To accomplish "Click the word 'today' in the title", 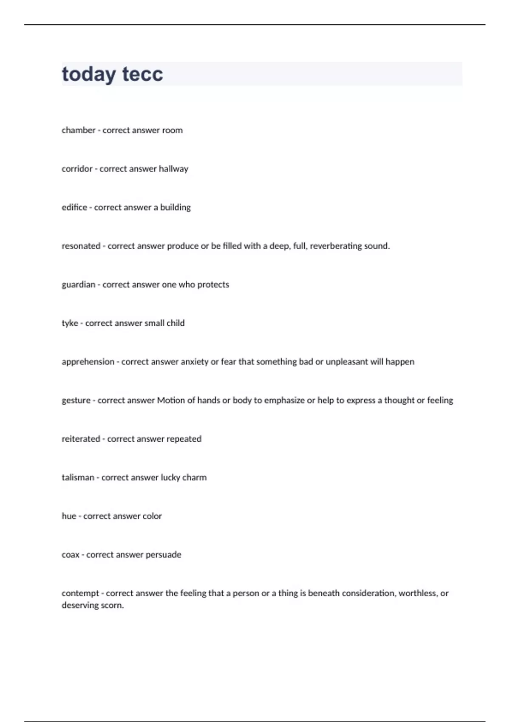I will pos(88,74).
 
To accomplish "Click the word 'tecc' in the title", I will pos(142,74).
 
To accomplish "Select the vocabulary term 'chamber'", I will pos(78,130).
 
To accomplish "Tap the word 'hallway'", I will pos(173,169).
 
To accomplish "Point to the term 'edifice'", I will pos(74,208).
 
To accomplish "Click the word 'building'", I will pos(175,208).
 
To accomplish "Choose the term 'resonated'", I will pos(81,246).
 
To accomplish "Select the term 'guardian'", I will pos(78,285).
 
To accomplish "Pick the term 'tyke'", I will pos(70,323).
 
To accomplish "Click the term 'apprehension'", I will pos(88,362).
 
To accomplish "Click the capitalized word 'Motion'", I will pos(171,400).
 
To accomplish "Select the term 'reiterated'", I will pos(81,439).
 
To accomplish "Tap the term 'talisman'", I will pos(78,478).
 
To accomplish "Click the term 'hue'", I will pos(69,516).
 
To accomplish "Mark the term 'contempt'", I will pos(80,593).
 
